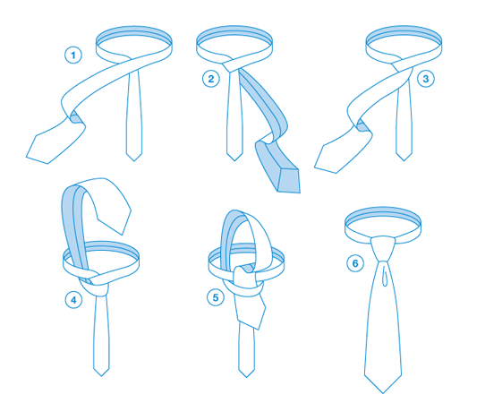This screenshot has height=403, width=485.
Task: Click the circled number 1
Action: coord(73,56)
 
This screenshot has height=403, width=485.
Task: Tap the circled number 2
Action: coord(211,79)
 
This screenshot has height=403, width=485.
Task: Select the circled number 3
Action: coord(426,79)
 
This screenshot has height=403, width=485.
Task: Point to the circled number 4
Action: coord(73,300)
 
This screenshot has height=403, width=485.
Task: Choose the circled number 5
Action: coord(216,297)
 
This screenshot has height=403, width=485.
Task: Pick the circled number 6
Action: coord(355,263)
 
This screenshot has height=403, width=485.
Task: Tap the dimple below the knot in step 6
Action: coord(385,274)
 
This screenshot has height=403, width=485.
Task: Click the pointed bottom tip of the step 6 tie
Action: coord(383,393)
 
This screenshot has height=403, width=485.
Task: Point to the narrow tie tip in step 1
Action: coord(134,160)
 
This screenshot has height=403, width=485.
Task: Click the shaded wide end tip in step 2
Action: coord(300,193)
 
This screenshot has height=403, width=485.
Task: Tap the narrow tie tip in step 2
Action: coord(234,160)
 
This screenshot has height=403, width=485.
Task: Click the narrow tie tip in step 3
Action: coord(404,160)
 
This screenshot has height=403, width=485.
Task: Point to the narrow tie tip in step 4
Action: coord(101,376)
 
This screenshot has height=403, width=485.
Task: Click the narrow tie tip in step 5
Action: coord(246,377)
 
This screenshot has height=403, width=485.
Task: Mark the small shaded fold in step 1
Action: coord(75,117)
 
